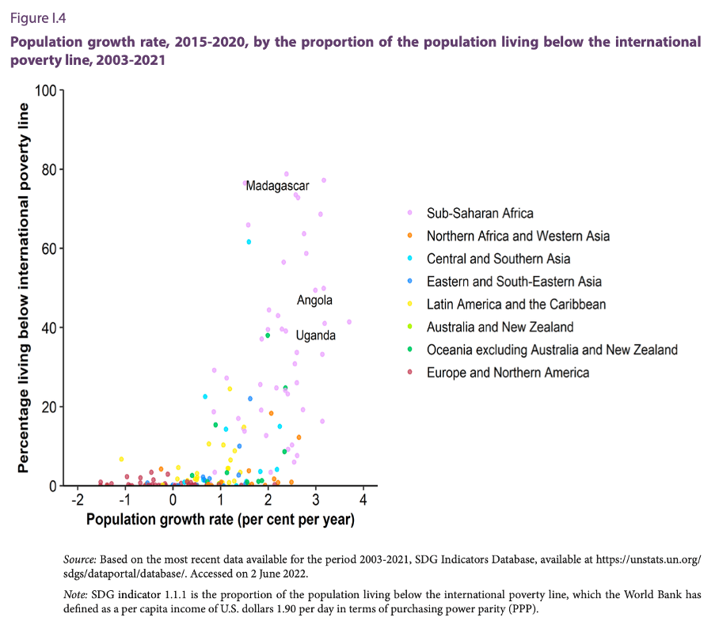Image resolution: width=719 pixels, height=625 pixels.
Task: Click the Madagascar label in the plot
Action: pos(277,186)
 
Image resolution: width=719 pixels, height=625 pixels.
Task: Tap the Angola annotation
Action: pos(314,301)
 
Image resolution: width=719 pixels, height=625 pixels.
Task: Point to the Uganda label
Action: pos(315,335)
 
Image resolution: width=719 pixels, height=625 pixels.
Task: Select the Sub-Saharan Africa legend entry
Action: pos(480,213)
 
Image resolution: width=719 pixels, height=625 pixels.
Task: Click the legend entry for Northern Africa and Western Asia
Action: pos(518,236)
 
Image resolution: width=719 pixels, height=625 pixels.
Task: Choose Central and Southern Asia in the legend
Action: pos(498,259)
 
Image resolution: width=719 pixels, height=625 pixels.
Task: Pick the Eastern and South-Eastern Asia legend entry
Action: pos(514,282)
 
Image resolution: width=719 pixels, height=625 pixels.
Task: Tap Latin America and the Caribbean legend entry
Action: pos(516,305)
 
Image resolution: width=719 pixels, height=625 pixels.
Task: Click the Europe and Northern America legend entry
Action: pos(508,373)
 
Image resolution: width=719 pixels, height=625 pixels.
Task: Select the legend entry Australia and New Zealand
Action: pos(500,327)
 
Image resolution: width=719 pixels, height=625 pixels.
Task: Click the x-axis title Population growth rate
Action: pos(220,520)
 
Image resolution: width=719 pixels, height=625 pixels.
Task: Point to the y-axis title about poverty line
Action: pos(24,288)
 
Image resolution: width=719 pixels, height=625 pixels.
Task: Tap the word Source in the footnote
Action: pos(79,559)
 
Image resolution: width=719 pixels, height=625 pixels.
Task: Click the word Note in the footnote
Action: pos(76,594)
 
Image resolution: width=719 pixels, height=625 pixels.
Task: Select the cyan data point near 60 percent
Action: pos(249,241)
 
